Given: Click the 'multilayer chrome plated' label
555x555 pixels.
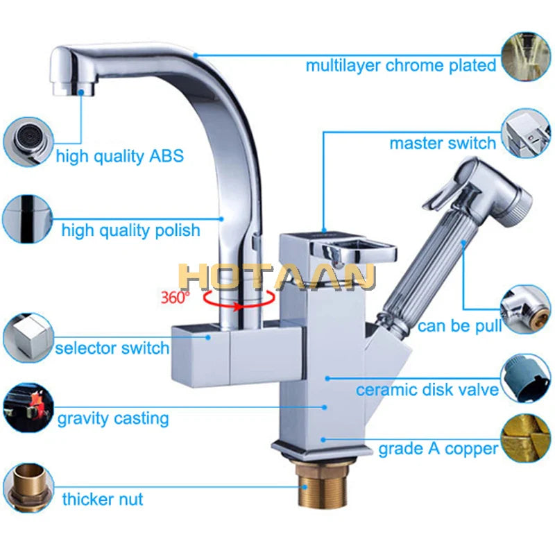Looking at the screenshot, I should click(x=401, y=65).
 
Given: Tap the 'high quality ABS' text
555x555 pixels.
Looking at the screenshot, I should click(x=119, y=155).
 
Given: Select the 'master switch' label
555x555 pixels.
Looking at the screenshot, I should click(x=443, y=143).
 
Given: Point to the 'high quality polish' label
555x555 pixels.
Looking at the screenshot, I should click(x=130, y=230).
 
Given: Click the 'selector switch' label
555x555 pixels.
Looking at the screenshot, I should click(x=112, y=348).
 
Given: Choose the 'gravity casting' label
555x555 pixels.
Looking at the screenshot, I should click(x=112, y=418).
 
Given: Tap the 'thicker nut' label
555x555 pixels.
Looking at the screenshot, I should click(x=103, y=499).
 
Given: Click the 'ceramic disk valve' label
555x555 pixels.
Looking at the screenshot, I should click(x=427, y=389).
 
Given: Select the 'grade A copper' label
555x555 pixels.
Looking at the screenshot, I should click(x=438, y=449).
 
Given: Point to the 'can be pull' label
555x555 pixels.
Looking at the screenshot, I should click(x=459, y=325).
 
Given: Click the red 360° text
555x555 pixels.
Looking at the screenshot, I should click(x=174, y=297).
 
